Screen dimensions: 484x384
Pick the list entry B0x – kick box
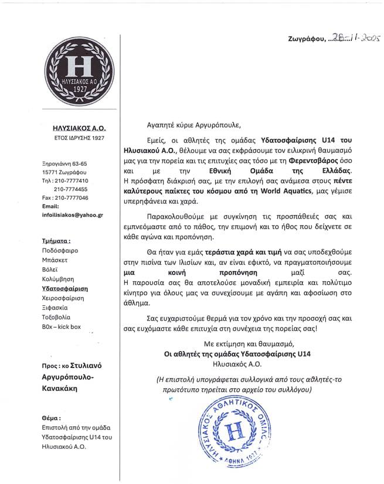pos(62,326)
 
